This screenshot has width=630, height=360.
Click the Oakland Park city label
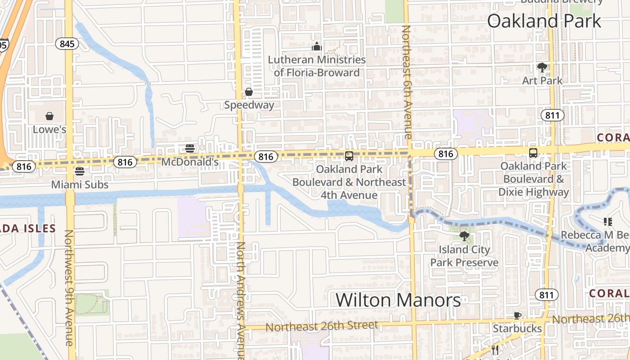(x=544, y=21)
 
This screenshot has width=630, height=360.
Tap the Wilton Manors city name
(x=398, y=300)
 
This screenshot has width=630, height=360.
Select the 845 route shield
(x=67, y=44)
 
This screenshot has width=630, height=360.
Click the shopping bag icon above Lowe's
(x=49, y=116)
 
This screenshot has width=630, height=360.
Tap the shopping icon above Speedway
(x=248, y=92)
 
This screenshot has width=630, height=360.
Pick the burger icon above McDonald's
(x=190, y=148)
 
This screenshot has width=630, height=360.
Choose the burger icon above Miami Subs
(x=80, y=171)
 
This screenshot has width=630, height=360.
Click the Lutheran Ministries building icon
(x=317, y=46)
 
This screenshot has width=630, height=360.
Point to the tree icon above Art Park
(x=542, y=67)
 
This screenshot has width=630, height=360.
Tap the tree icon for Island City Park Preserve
(x=464, y=236)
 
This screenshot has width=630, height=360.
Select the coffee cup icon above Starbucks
(x=517, y=315)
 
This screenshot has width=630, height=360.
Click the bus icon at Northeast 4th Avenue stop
(x=349, y=156)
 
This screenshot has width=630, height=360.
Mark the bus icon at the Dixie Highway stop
(x=533, y=153)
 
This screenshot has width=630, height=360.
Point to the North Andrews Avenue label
(x=241, y=299)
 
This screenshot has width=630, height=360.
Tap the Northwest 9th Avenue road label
(x=69, y=288)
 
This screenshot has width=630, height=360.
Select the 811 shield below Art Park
(x=552, y=116)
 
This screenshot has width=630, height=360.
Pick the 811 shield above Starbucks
(x=546, y=295)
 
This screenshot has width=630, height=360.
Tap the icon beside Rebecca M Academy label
(x=607, y=221)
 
